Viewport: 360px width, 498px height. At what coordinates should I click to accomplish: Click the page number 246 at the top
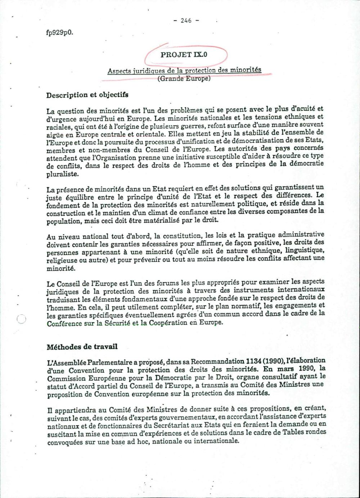pos(186,21)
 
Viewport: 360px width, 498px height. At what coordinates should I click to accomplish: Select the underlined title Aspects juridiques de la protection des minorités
pos(184,70)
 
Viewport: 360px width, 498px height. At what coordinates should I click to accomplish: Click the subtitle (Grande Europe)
pos(184,78)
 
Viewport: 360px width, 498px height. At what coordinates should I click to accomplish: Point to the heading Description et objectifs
pos(87,95)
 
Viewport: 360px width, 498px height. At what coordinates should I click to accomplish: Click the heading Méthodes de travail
pos(82,347)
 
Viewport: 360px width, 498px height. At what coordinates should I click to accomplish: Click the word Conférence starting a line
pos(64,323)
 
